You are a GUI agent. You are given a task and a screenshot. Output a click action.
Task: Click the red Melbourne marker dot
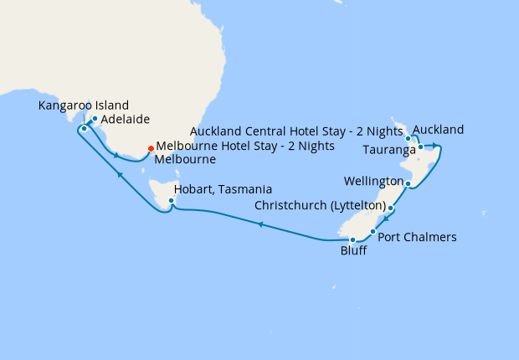(x=151, y=148)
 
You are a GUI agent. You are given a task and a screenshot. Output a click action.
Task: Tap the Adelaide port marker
(x=95, y=119)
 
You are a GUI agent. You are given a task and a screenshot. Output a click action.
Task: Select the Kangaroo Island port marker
(x=85, y=129)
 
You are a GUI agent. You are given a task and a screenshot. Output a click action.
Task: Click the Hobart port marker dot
(x=172, y=201)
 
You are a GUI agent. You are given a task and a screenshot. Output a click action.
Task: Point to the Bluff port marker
(x=353, y=240)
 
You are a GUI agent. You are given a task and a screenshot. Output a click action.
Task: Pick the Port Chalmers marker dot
(x=373, y=230)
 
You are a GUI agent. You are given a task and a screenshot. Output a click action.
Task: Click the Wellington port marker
(x=408, y=183)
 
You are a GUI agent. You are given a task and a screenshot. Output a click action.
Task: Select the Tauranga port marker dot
(x=421, y=147)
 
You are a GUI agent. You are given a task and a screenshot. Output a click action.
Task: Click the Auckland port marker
(x=409, y=139)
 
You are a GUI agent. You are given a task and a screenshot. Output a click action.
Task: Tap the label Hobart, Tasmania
(x=224, y=190)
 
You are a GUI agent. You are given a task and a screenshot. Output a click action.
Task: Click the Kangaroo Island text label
(x=84, y=105)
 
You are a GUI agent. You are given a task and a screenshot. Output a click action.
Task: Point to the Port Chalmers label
(x=418, y=237)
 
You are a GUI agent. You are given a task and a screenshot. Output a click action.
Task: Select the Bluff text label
(x=353, y=251)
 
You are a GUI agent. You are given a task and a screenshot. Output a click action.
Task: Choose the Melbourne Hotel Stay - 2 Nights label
(x=245, y=146)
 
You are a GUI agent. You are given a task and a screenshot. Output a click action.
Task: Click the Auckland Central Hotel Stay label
(x=297, y=131)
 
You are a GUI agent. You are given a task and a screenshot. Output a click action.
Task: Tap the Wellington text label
(x=373, y=182)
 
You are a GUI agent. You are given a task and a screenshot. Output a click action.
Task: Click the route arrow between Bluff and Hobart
(x=260, y=224)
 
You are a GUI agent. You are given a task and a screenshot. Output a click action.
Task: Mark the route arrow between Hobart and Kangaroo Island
(x=120, y=174)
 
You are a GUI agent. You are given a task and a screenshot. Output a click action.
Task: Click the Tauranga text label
(x=389, y=151)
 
